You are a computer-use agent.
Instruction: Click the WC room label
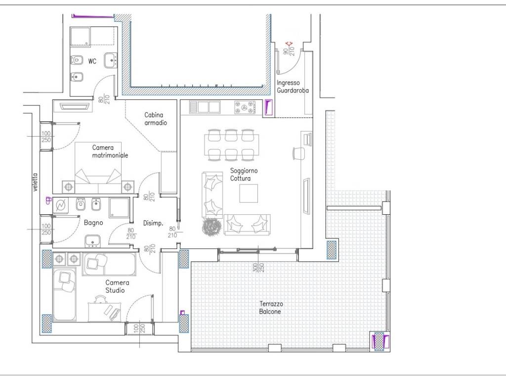(x=92, y=61)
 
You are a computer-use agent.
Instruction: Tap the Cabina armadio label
(x=156, y=119)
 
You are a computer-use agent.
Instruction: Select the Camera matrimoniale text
(x=110, y=151)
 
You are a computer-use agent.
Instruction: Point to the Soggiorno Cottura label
(x=244, y=175)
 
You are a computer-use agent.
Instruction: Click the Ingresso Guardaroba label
(x=293, y=87)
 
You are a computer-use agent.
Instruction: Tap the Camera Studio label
(x=117, y=286)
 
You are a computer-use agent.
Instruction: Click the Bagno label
(x=93, y=223)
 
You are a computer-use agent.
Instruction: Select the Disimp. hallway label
(x=153, y=223)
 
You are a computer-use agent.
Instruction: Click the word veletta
(x=35, y=182)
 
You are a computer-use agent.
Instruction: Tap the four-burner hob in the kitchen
(x=245, y=107)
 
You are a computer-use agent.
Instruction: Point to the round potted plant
(x=211, y=227)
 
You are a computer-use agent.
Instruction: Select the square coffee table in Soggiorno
(x=249, y=193)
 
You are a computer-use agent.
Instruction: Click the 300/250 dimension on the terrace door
(x=258, y=267)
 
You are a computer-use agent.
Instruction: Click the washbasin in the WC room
(x=110, y=60)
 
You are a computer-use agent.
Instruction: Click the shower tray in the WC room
(x=81, y=36)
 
